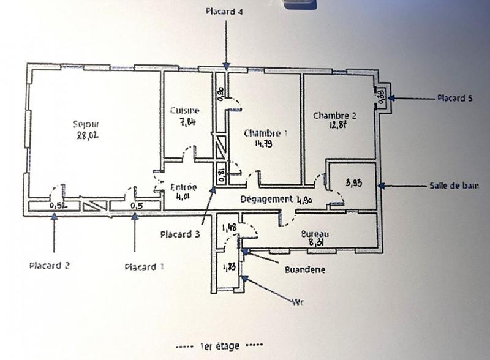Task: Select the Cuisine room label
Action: point(184,111)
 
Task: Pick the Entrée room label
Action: point(183,187)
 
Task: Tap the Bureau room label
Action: point(315,234)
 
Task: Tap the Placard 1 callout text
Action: point(145,267)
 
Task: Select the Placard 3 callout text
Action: point(180,234)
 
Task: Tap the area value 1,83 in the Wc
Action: point(229,267)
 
